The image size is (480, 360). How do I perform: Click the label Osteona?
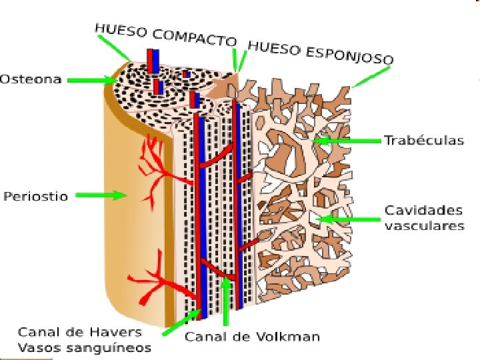pos(31,79)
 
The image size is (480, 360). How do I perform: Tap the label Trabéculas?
pos(424,141)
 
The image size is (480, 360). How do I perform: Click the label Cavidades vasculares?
pos(424,218)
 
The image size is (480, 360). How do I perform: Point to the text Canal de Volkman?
pos(252,336)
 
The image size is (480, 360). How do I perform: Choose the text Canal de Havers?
pos(79,331)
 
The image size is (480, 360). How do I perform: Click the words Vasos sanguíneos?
pos(84,347)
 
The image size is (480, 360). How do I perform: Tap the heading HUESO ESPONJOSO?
pos(320,52)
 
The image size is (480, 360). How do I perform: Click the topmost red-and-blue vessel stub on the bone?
pos(153,61)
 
